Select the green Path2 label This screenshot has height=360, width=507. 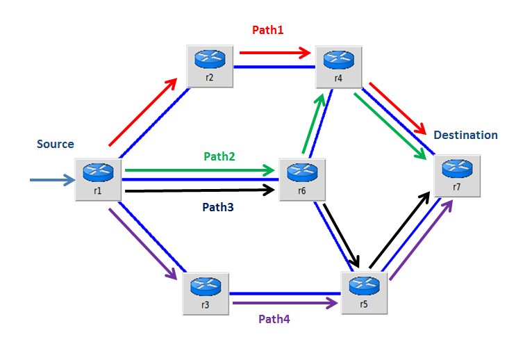tap(219, 156)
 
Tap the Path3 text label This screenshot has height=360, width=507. tap(219, 206)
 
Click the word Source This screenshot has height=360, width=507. tap(56, 145)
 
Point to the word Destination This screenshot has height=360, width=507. tap(465, 135)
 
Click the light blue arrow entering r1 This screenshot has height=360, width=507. tap(52, 181)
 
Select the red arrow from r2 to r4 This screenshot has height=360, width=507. tap(274, 51)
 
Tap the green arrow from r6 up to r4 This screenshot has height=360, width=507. tap(312, 124)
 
